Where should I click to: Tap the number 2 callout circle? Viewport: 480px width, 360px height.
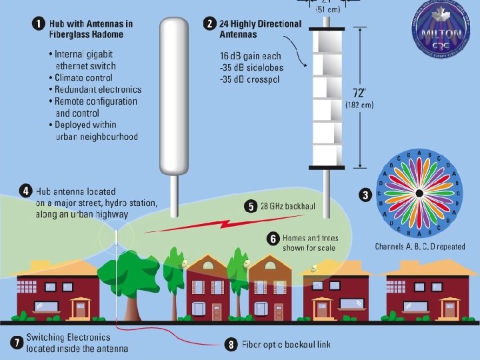click(x=210, y=24)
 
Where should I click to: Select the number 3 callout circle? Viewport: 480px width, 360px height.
click(x=365, y=195)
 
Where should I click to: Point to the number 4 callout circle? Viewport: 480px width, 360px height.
click(x=25, y=191)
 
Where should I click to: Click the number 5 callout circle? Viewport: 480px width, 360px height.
click(x=251, y=207)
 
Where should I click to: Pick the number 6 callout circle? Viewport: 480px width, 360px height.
click(x=273, y=237)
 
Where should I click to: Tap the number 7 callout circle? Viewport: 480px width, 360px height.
click(x=16, y=343)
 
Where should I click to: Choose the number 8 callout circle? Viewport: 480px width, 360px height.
click(x=231, y=345)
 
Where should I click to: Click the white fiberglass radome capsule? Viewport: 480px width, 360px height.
click(x=175, y=93)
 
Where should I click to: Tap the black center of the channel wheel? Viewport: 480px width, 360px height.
click(x=419, y=194)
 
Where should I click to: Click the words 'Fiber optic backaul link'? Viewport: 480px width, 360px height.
click(x=287, y=345)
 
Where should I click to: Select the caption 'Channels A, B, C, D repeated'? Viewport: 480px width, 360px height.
click(x=420, y=247)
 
